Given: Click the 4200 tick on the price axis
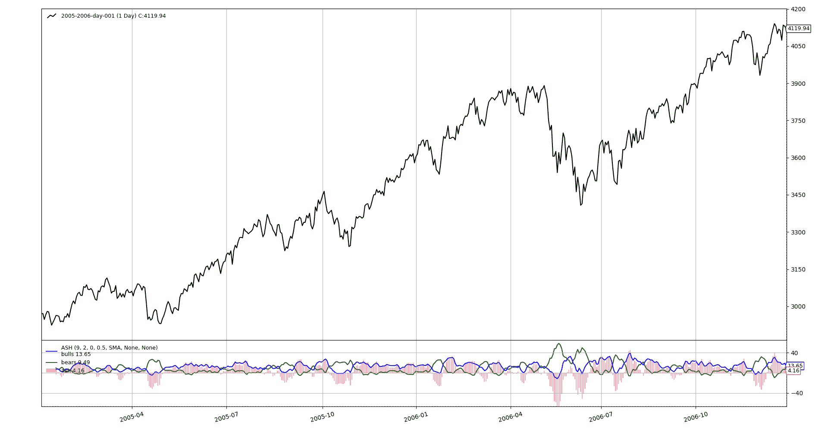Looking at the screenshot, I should pyautogui.click(x=798, y=9).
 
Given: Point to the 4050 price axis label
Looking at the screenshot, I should pyautogui.click(x=798, y=46).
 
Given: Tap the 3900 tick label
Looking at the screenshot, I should pyautogui.click(x=798, y=84).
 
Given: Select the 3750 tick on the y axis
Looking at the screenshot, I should pyautogui.click(x=798, y=121).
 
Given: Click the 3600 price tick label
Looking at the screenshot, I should pyautogui.click(x=798, y=158).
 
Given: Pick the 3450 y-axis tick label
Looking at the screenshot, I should pyautogui.click(x=798, y=195).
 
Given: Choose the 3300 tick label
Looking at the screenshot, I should pyautogui.click(x=798, y=232).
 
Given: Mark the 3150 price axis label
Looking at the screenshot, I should pyautogui.click(x=798, y=269).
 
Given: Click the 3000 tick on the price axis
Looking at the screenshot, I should pyautogui.click(x=798, y=306).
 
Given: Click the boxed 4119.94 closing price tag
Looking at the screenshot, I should pyautogui.click(x=799, y=28).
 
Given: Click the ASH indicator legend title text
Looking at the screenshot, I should pyautogui.click(x=109, y=348).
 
